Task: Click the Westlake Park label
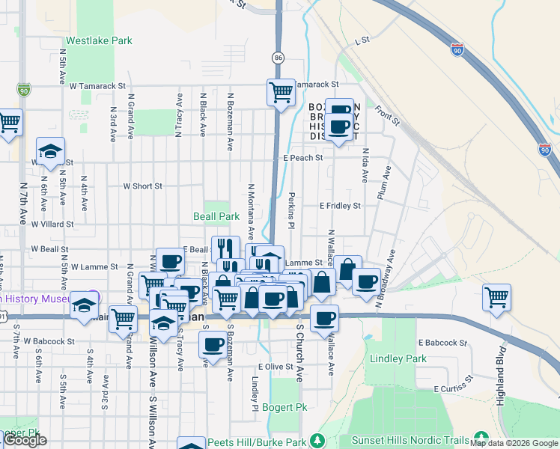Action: click(x=99, y=40)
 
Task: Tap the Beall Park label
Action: click(x=216, y=216)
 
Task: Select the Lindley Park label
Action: click(x=398, y=358)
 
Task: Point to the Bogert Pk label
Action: click(x=281, y=407)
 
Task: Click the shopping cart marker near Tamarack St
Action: click(x=280, y=93)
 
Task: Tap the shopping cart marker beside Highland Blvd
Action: click(x=497, y=297)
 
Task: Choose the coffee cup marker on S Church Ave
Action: click(x=325, y=318)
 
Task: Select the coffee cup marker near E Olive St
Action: click(x=213, y=345)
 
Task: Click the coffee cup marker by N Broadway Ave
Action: click(x=366, y=281)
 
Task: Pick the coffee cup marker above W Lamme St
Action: click(x=170, y=261)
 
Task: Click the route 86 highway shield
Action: click(x=278, y=57)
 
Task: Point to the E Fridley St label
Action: click(x=340, y=205)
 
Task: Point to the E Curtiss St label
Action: click(x=455, y=389)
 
